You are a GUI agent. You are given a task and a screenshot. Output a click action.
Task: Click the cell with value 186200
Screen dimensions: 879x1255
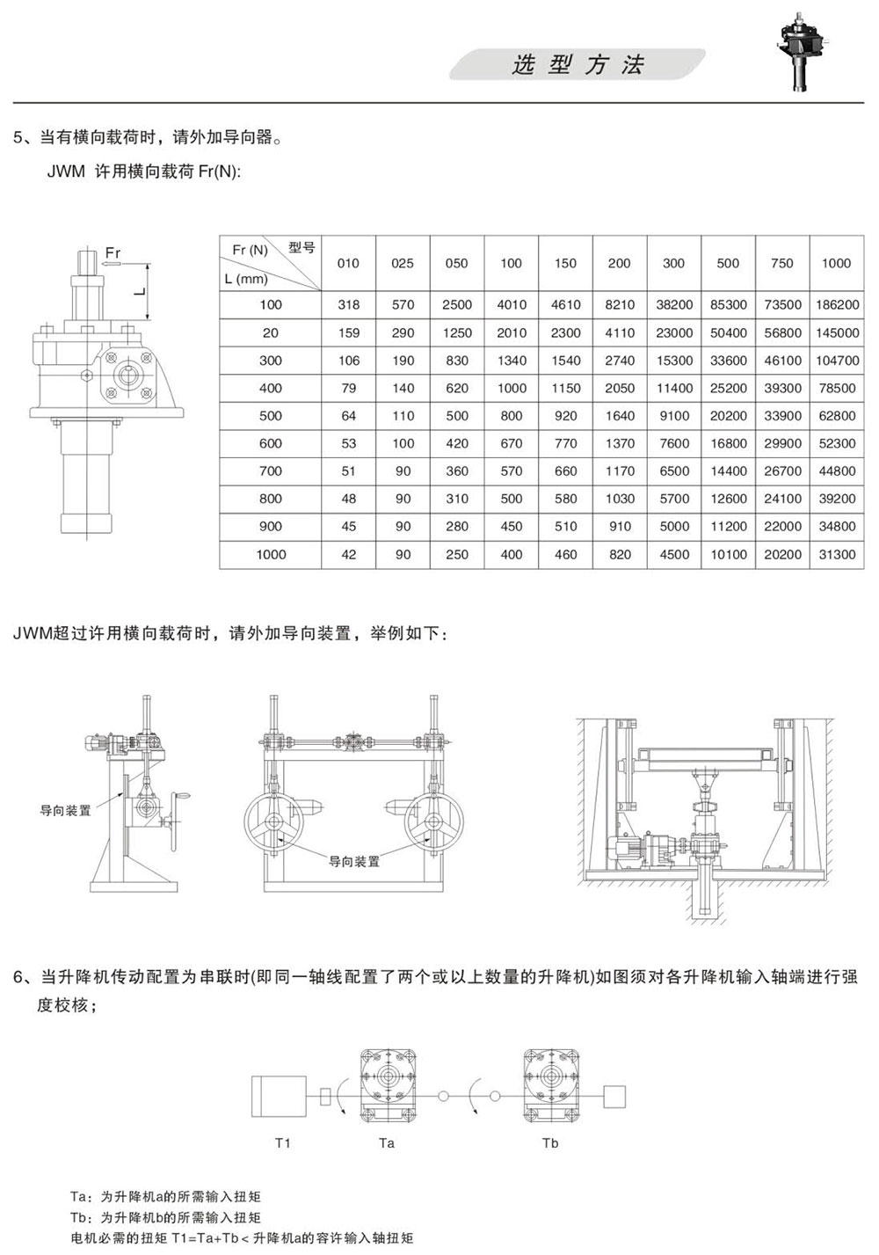(837, 305)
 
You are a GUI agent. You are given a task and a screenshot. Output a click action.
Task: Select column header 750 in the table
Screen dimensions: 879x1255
(781, 263)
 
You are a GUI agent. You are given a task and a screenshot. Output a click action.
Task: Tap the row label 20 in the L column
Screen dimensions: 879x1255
(271, 332)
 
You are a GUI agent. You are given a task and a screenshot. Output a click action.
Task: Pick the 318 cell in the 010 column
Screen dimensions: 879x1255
(348, 305)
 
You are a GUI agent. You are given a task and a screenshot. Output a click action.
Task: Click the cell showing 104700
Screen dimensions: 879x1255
(837, 361)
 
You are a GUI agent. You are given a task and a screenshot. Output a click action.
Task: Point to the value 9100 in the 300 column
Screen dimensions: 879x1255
(674, 416)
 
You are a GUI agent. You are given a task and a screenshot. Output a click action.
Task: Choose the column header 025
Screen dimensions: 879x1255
(403, 263)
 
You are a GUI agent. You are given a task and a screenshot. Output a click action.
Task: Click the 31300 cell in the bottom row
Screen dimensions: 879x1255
(837, 555)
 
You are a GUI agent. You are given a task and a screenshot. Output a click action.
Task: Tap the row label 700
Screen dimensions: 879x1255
(271, 471)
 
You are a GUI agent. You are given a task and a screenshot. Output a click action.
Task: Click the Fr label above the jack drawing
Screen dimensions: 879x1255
(113, 252)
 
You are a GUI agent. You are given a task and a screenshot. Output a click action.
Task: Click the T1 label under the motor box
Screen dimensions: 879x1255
(283, 1143)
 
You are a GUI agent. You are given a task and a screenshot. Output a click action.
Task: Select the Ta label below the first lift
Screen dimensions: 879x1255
(386, 1143)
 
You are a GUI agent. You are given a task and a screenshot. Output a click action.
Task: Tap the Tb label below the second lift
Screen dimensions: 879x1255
(550, 1143)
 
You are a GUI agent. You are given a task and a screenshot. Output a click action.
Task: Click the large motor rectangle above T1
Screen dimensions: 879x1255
(279, 1097)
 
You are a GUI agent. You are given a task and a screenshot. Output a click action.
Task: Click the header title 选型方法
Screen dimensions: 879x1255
(578, 65)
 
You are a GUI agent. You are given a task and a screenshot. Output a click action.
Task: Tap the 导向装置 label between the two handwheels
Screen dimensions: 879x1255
(354, 861)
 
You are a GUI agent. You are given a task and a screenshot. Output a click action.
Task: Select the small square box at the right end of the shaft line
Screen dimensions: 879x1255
(614, 1097)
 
